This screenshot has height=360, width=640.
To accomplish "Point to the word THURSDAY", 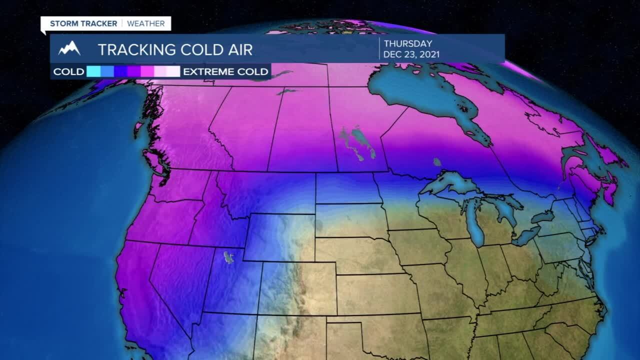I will [x=407, y=44].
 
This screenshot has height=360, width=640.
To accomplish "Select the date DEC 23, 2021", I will [x=411, y=54].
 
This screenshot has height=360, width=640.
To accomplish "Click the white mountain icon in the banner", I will [x=69, y=48].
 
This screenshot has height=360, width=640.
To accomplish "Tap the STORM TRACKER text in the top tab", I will [x=83, y=23].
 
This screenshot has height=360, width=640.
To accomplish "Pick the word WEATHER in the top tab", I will [x=146, y=23].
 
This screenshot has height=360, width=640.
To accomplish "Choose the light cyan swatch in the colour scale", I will [x=93, y=71].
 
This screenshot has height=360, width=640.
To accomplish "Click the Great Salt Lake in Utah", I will [x=229, y=257].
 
